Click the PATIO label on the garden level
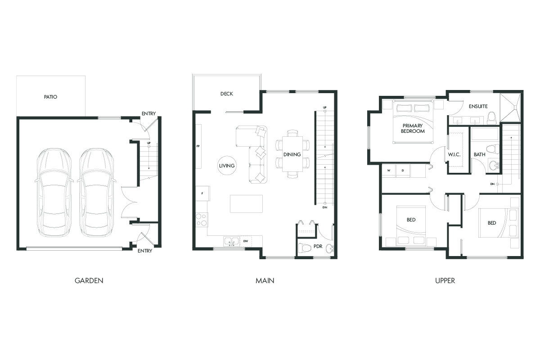(x=50, y=97)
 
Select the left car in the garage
(x=54, y=193)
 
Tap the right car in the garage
(x=96, y=193)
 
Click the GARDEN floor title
(x=89, y=280)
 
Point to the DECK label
(x=226, y=94)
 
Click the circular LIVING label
(x=227, y=166)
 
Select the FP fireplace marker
(x=198, y=146)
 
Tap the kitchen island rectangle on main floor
(x=246, y=203)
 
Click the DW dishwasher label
(x=246, y=242)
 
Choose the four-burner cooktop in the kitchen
(x=201, y=219)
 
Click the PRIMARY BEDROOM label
(x=413, y=128)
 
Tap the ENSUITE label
(x=478, y=107)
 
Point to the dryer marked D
(x=403, y=171)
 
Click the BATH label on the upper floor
(x=479, y=155)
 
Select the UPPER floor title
(x=445, y=280)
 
